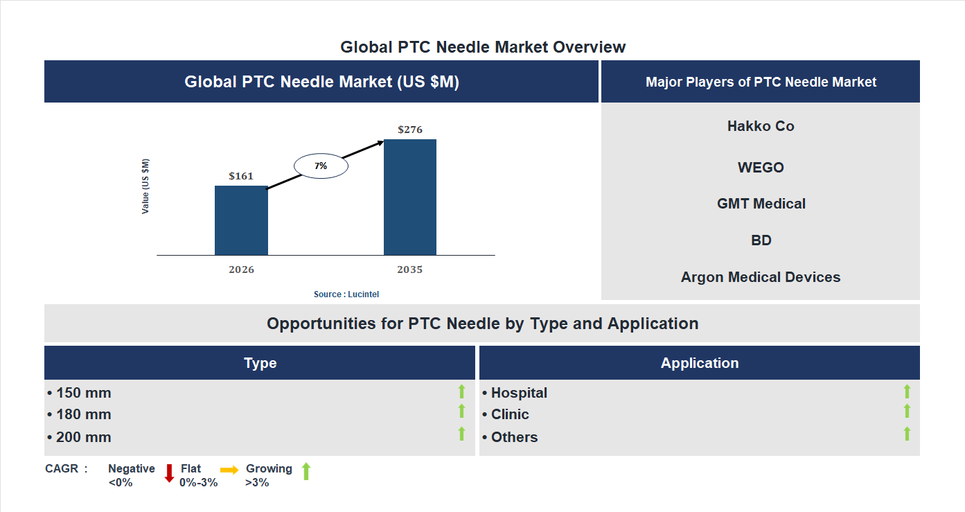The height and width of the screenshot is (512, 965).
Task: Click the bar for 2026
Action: pyautogui.click(x=241, y=220)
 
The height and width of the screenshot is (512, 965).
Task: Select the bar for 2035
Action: pyautogui.click(x=410, y=197)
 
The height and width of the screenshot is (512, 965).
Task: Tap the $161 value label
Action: pyautogui.click(x=241, y=176)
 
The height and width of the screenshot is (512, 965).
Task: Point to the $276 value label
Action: pyautogui.click(x=410, y=130)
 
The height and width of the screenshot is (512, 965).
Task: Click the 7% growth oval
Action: pyautogui.click(x=321, y=166)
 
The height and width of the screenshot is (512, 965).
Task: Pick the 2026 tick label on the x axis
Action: pyautogui.click(x=241, y=270)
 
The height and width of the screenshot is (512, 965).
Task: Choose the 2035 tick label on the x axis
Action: pyautogui.click(x=410, y=270)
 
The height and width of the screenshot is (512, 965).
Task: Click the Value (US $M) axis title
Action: pyautogui.click(x=145, y=186)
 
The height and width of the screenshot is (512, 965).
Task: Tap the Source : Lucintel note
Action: pyautogui.click(x=346, y=294)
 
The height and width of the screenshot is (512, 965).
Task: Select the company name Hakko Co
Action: pyautogui.click(x=761, y=126)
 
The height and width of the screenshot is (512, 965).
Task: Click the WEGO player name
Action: pyautogui.click(x=761, y=168)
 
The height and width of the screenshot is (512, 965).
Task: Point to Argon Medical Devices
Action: pyautogui.click(x=761, y=277)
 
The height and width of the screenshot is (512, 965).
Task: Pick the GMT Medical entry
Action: pyautogui.click(x=761, y=204)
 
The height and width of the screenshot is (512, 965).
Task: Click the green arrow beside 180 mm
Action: pyautogui.click(x=461, y=412)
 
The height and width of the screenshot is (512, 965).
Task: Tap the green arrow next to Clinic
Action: pyautogui.click(x=907, y=412)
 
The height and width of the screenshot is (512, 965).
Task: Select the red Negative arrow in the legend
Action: pyautogui.click(x=169, y=473)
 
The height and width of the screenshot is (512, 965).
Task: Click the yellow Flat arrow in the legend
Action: pyautogui.click(x=229, y=470)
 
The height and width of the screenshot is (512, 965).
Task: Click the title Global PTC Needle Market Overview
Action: pyautogui.click(x=483, y=47)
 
